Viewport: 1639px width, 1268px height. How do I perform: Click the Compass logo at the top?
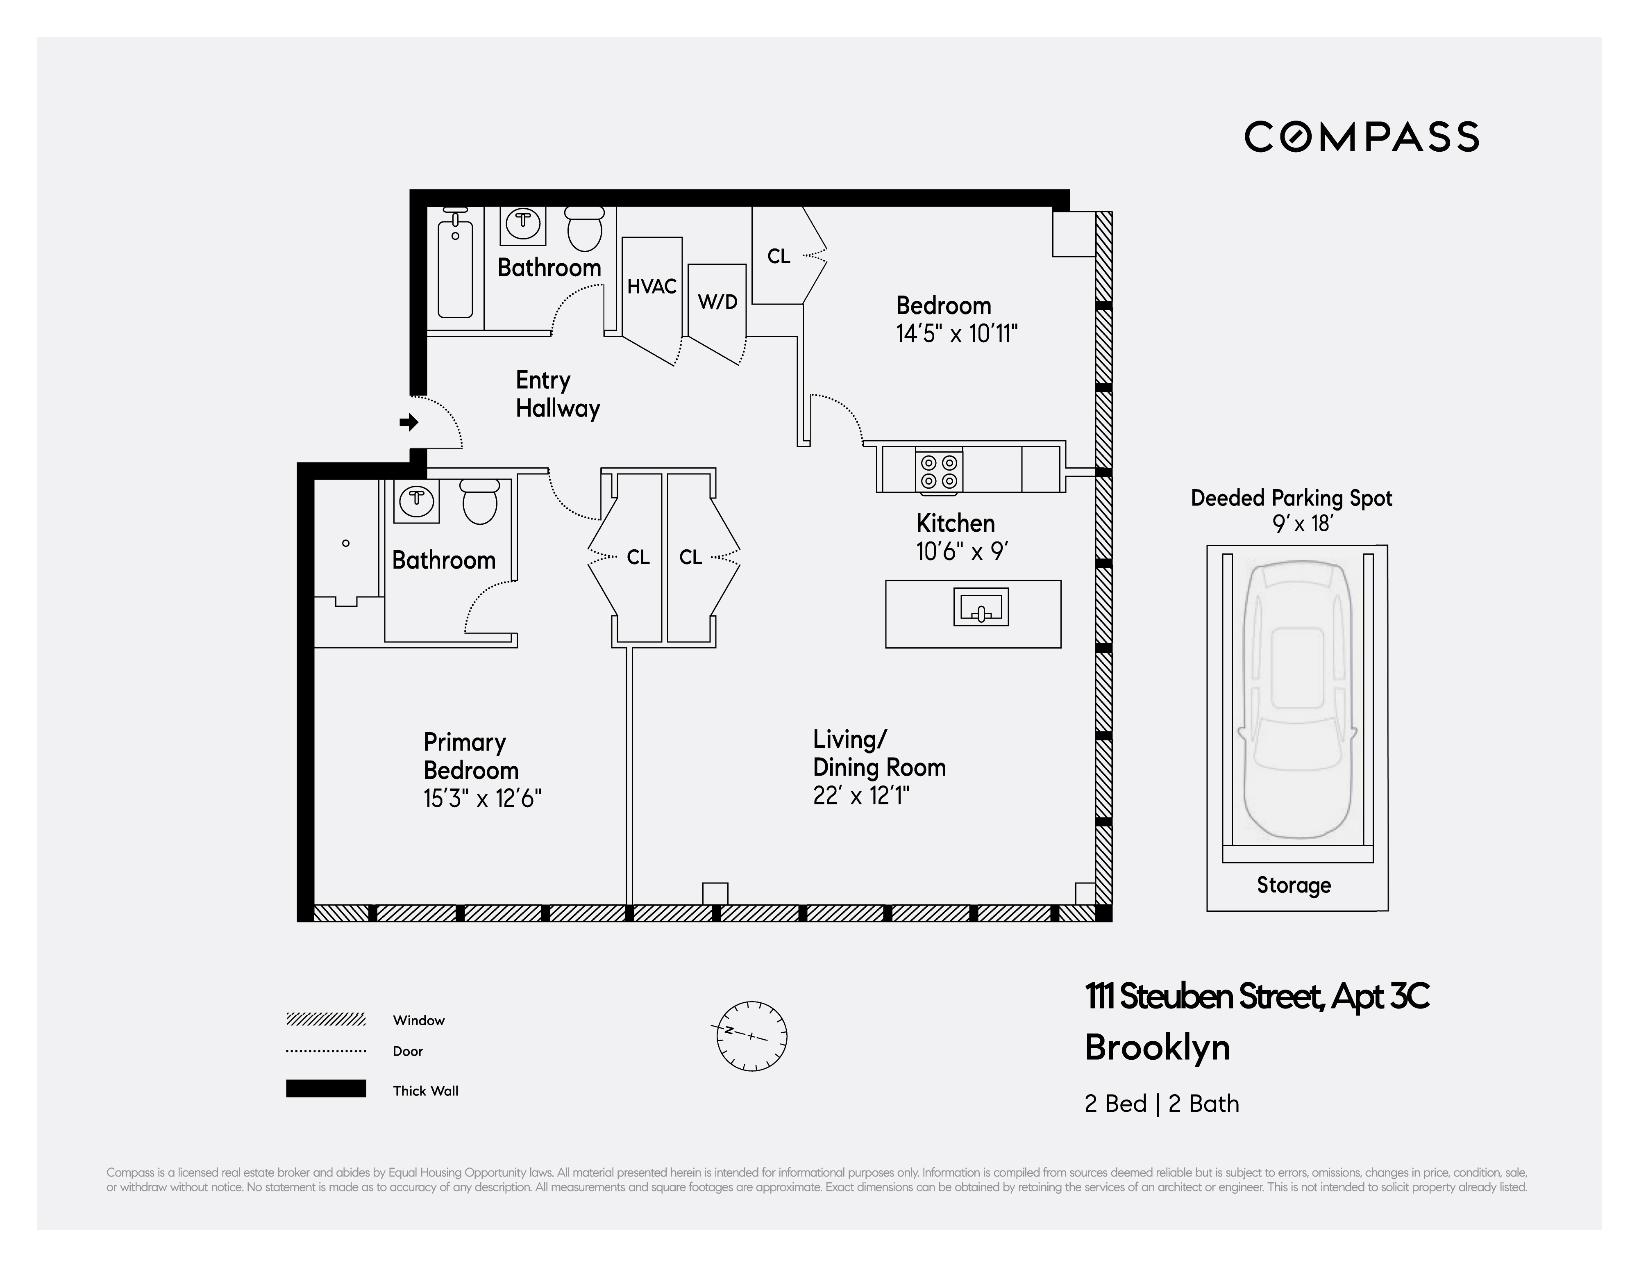point(1361,137)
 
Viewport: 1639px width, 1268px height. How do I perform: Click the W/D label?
point(717,302)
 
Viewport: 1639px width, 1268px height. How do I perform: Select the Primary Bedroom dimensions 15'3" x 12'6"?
point(482,798)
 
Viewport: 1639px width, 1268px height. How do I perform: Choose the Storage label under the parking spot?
point(1294,885)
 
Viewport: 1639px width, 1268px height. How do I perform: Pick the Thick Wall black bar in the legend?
point(326,1088)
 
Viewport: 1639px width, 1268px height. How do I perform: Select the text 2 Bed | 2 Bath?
point(1161,1104)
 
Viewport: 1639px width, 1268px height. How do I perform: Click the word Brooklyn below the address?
point(1157,1047)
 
